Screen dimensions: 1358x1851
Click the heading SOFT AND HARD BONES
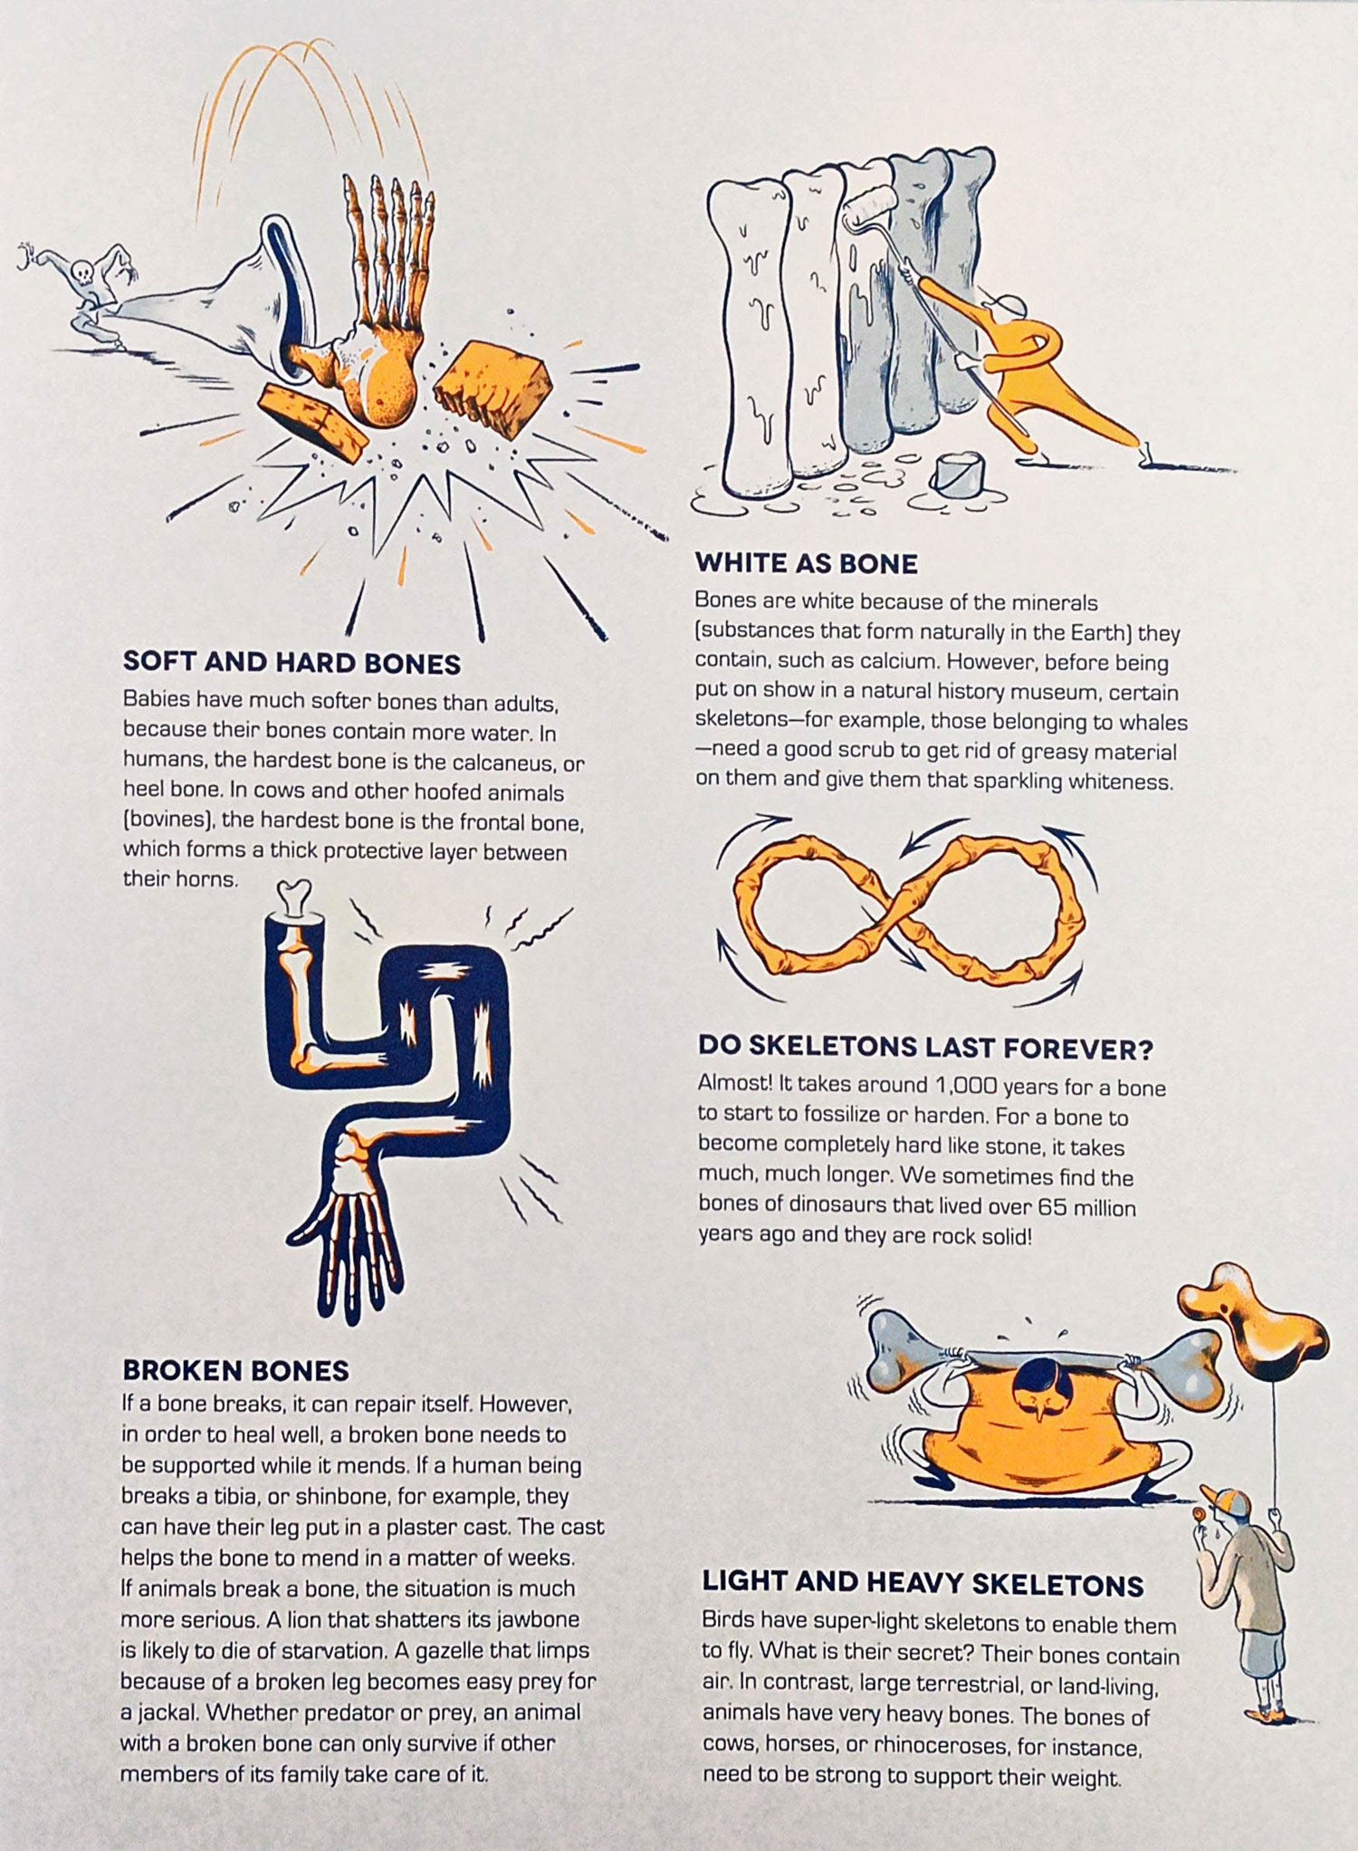[292, 662]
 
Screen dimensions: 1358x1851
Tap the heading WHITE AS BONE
[806, 563]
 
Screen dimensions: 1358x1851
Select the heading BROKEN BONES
[235, 1370]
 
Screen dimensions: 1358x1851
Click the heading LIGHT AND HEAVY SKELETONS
[923, 1584]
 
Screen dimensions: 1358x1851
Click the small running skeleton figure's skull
[81, 272]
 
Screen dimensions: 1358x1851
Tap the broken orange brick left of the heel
[313, 417]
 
